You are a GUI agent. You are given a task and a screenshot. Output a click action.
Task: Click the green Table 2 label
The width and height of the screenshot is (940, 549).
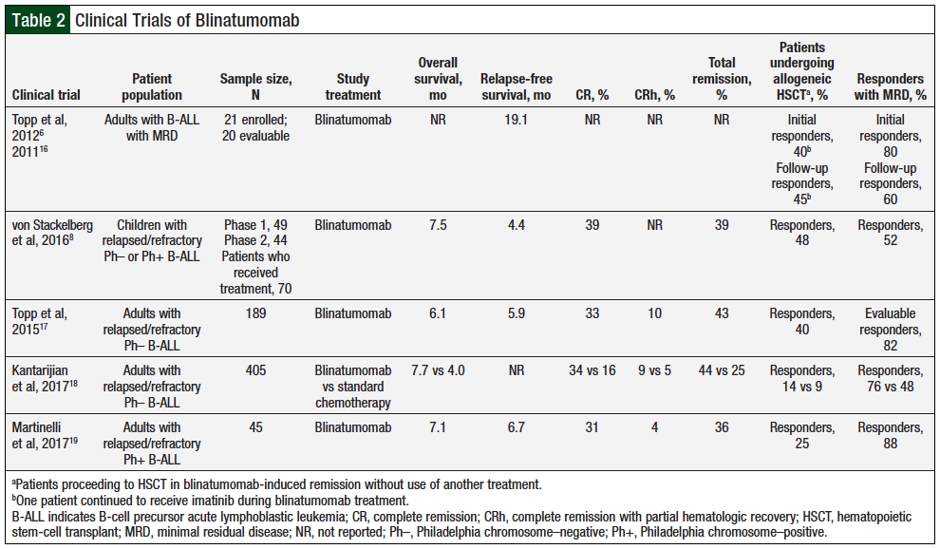click(x=38, y=19)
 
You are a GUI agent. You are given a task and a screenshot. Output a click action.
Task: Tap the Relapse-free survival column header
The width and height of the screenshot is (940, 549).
click(x=517, y=86)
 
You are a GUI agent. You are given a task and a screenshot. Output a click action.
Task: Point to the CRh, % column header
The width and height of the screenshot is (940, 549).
click(x=654, y=95)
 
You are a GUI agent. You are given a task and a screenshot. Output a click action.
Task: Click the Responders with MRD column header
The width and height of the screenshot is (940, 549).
click(x=890, y=86)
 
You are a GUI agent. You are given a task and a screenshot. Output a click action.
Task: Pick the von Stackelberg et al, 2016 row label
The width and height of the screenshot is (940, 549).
click(x=52, y=234)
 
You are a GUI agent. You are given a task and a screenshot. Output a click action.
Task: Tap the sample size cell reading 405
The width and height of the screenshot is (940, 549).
click(x=255, y=370)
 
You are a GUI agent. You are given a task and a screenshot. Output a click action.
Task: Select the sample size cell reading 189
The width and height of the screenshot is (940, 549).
click(x=255, y=314)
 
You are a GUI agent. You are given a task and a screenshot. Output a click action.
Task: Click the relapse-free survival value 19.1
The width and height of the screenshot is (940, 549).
click(x=517, y=121)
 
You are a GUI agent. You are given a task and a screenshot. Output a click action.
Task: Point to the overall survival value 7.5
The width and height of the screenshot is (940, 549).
click(x=439, y=225)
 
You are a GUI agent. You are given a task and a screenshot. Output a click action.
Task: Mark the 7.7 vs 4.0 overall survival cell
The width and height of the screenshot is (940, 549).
click(x=439, y=370)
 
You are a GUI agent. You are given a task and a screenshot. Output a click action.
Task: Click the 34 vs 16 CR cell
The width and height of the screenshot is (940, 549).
click(x=592, y=370)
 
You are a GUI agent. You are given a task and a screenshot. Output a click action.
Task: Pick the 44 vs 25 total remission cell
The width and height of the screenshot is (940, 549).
click(x=723, y=370)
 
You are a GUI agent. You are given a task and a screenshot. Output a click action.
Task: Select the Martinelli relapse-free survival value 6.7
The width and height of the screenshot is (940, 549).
click(x=517, y=426)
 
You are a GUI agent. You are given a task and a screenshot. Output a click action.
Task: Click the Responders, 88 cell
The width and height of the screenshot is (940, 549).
click(x=890, y=434)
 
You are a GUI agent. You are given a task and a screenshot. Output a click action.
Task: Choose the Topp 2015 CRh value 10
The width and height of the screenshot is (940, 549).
click(x=654, y=314)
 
